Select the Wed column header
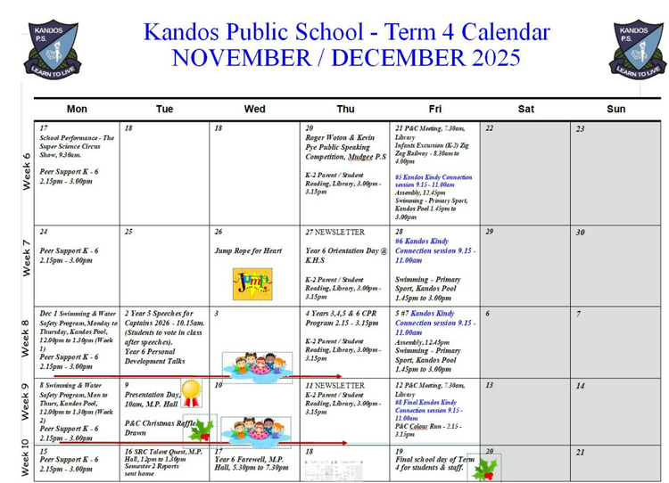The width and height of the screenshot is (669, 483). tap(254, 109)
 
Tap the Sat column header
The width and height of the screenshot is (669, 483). tap(526, 109)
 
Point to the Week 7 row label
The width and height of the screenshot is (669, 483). tap(26, 258)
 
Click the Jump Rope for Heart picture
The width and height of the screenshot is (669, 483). tap(252, 284)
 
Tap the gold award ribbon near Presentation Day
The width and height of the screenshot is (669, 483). tap(191, 389)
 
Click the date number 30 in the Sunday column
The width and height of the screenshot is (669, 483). tap(580, 233)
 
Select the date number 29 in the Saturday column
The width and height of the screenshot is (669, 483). tap(489, 232)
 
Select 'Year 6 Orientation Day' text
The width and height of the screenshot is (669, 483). tap(343, 251)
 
